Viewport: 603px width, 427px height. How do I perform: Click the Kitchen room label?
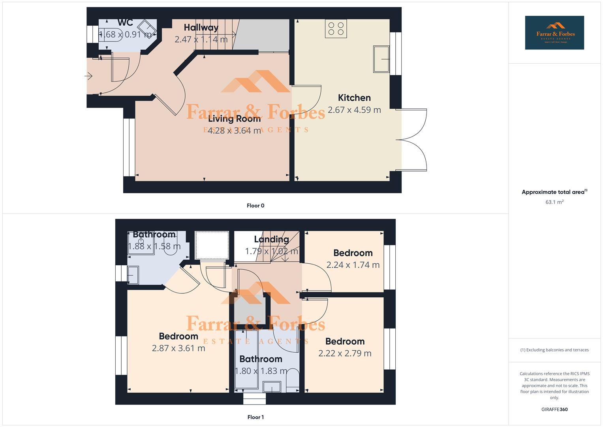(x=354, y=98)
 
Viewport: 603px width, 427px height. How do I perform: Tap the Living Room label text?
(x=234, y=119)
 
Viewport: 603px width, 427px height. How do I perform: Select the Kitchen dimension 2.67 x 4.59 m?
(x=354, y=110)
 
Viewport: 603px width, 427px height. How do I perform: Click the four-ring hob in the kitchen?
(x=336, y=28)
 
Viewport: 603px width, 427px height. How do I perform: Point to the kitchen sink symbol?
(x=381, y=59)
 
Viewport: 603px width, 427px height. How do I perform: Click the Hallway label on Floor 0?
(x=201, y=27)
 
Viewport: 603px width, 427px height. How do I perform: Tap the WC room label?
(x=125, y=23)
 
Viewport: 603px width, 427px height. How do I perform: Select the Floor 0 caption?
(x=255, y=206)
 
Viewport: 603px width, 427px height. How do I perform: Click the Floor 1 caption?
(x=255, y=417)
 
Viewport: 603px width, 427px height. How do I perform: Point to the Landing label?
(x=271, y=239)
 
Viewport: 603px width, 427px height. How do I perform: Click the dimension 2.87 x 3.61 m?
(x=178, y=348)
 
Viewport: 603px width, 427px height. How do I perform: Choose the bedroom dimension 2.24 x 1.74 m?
(x=353, y=265)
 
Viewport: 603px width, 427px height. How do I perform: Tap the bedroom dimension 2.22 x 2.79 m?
(x=345, y=353)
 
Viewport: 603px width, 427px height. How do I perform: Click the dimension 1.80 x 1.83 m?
(x=261, y=371)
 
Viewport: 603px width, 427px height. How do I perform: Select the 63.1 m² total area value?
(x=554, y=202)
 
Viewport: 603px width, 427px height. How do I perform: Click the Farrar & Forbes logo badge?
(x=554, y=32)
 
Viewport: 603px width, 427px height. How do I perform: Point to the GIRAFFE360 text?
(x=554, y=410)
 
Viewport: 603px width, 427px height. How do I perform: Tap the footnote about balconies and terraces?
(x=554, y=350)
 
